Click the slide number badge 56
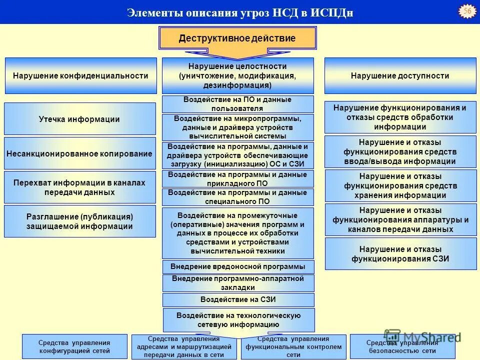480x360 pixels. click(467, 11)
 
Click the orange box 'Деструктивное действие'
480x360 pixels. click(237, 38)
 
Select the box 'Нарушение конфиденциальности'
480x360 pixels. click(80, 76)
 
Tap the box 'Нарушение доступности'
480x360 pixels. click(400, 76)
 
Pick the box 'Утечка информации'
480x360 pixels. click(79, 119)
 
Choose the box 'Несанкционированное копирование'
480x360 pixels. click(79, 153)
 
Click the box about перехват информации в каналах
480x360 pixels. click(79, 187)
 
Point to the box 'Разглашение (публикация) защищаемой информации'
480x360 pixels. click(79, 221)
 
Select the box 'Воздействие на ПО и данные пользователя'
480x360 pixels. click(237, 104)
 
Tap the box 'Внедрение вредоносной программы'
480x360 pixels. click(238, 266)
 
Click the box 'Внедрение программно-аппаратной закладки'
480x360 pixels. click(238, 283)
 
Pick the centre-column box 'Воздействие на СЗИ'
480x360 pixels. click(238, 300)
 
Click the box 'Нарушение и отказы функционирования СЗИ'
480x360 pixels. click(400, 253)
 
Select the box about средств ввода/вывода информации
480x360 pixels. click(400, 151)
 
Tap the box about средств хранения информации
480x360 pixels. click(400, 185)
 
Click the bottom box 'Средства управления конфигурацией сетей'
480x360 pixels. click(74, 346)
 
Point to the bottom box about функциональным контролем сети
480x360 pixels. click(294, 346)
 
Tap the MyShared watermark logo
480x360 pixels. click(422, 336)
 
